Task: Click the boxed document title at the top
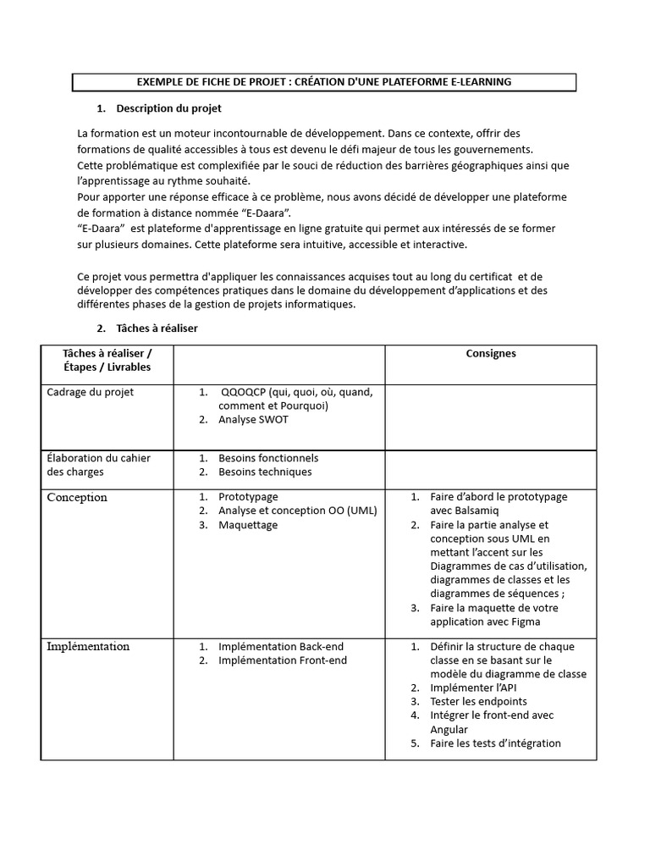click(x=324, y=82)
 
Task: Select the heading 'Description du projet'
click(x=168, y=108)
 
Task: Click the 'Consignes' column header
click(x=491, y=353)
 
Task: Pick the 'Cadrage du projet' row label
click(x=91, y=392)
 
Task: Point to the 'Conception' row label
click(x=77, y=497)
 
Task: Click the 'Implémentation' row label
click(x=88, y=646)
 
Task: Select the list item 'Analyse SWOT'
click(x=252, y=419)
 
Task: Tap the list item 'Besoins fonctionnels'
click(x=268, y=458)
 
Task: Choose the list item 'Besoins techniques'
click(x=265, y=472)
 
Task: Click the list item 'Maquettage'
click(x=247, y=525)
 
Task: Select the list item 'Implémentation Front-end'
click(x=282, y=660)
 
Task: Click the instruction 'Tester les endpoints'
click(x=478, y=701)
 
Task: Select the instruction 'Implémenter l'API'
click(x=473, y=688)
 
